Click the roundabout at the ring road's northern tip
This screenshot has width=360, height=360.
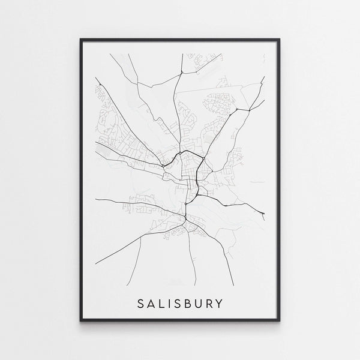[184, 151]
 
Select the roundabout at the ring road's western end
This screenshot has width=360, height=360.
[163, 166]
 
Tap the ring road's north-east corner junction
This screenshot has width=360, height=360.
[204, 158]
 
